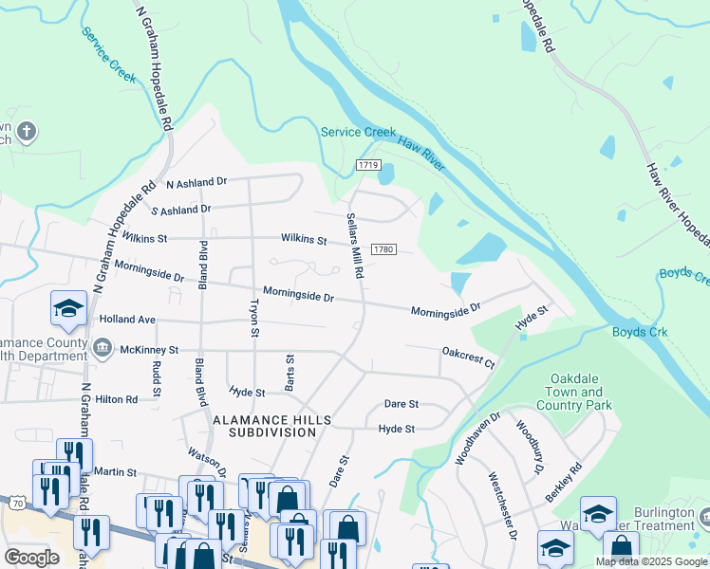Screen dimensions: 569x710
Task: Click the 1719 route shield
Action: pyautogui.click(x=369, y=165)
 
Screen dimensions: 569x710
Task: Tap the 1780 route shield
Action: pyautogui.click(x=383, y=248)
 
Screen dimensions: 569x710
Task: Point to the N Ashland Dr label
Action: pyautogui.click(x=196, y=183)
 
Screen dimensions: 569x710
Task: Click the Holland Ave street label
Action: pyautogui.click(x=127, y=321)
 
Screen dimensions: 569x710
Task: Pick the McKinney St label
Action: pyautogui.click(x=149, y=350)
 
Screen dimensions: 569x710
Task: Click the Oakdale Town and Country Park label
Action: pyautogui.click(x=575, y=392)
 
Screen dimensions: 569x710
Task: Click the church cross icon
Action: pyautogui.click(x=27, y=131)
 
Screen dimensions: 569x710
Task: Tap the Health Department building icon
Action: pyautogui.click(x=102, y=349)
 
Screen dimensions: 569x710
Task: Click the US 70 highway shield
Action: pyautogui.click(x=16, y=504)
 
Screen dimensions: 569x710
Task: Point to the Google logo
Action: pyautogui.click(x=31, y=558)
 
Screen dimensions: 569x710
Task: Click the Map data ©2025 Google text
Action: pyautogui.click(x=651, y=561)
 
